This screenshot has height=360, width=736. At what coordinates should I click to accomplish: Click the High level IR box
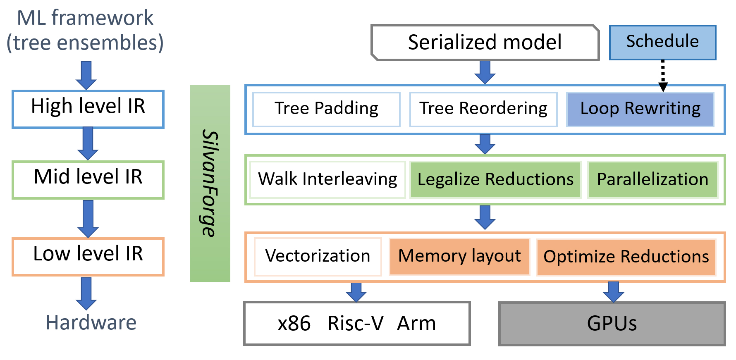point(88,109)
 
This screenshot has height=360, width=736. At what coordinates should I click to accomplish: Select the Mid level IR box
point(88,180)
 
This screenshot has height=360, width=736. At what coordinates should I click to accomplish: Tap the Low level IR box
point(88,256)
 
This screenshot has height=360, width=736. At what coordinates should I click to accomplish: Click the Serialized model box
point(485,43)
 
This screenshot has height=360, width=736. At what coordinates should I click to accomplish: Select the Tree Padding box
point(326,109)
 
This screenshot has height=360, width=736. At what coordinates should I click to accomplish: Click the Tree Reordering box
point(483,109)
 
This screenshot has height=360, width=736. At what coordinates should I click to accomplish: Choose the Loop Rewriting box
point(640,109)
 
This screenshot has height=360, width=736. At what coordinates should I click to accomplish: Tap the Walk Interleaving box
point(327,180)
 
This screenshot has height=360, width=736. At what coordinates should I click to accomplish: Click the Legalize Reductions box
point(495,180)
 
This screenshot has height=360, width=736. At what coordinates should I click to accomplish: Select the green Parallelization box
point(652,180)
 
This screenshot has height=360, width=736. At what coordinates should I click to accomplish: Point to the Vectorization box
point(318,256)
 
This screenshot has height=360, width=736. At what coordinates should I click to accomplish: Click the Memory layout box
point(459,256)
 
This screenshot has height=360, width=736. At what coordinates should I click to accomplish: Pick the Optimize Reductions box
point(626,257)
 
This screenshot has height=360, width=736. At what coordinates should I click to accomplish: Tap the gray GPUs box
point(612,324)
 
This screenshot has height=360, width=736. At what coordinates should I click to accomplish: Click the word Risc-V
point(355,324)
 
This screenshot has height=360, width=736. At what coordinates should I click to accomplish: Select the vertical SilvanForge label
point(210,184)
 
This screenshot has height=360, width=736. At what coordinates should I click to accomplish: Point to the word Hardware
point(91,323)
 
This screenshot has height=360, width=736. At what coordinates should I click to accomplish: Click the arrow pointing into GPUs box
point(614,292)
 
